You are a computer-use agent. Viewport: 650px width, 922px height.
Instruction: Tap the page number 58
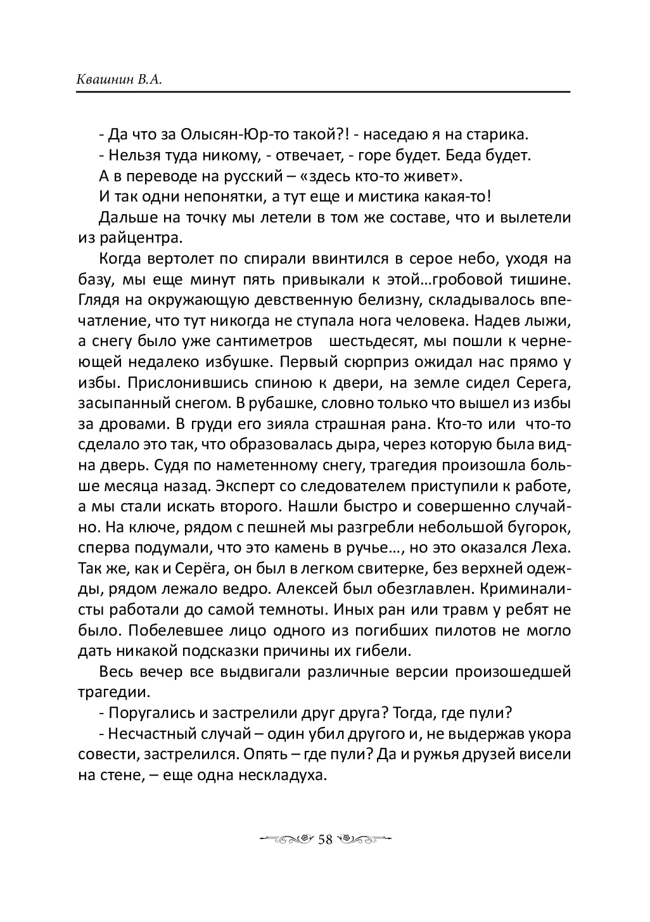(x=325, y=839)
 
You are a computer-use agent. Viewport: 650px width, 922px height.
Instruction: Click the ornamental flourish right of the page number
(x=364, y=839)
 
